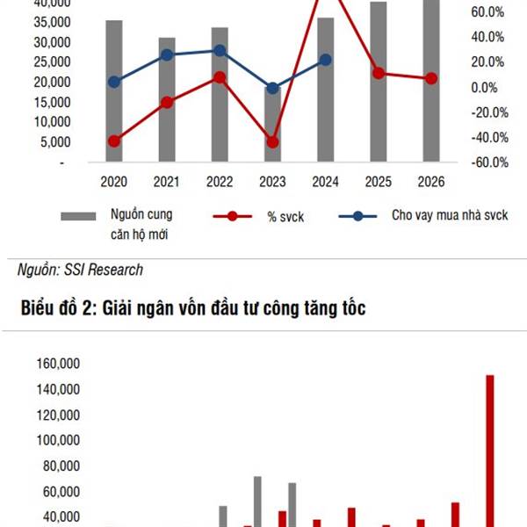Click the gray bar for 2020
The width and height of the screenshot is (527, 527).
click(114, 90)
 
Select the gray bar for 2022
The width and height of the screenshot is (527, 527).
click(220, 95)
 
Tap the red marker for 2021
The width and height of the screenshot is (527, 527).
click(167, 103)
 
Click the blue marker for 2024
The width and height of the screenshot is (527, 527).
click(325, 60)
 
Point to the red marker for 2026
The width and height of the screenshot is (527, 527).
click(431, 79)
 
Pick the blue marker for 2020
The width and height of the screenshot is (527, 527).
click(114, 82)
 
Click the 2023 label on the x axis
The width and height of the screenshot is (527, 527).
click(272, 182)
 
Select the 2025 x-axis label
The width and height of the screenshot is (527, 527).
click(378, 182)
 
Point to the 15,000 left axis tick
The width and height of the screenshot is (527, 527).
click(52, 102)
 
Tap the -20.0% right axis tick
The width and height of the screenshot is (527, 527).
click(489, 112)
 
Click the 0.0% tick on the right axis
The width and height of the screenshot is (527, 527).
click(484, 87)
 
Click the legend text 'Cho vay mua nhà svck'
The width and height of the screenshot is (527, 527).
click(450, 215)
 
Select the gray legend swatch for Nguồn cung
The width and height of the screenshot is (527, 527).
click(78, 216)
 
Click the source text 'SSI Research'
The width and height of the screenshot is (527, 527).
click(104, 270)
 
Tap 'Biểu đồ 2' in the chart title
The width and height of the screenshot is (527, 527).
click(56, 308)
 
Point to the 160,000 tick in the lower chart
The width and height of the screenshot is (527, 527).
click(58, 364)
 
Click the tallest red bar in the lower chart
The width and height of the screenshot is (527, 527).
click(490, 451)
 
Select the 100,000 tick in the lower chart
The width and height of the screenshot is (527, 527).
click(58, 440)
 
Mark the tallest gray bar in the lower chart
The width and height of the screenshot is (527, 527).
click(257, 502)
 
